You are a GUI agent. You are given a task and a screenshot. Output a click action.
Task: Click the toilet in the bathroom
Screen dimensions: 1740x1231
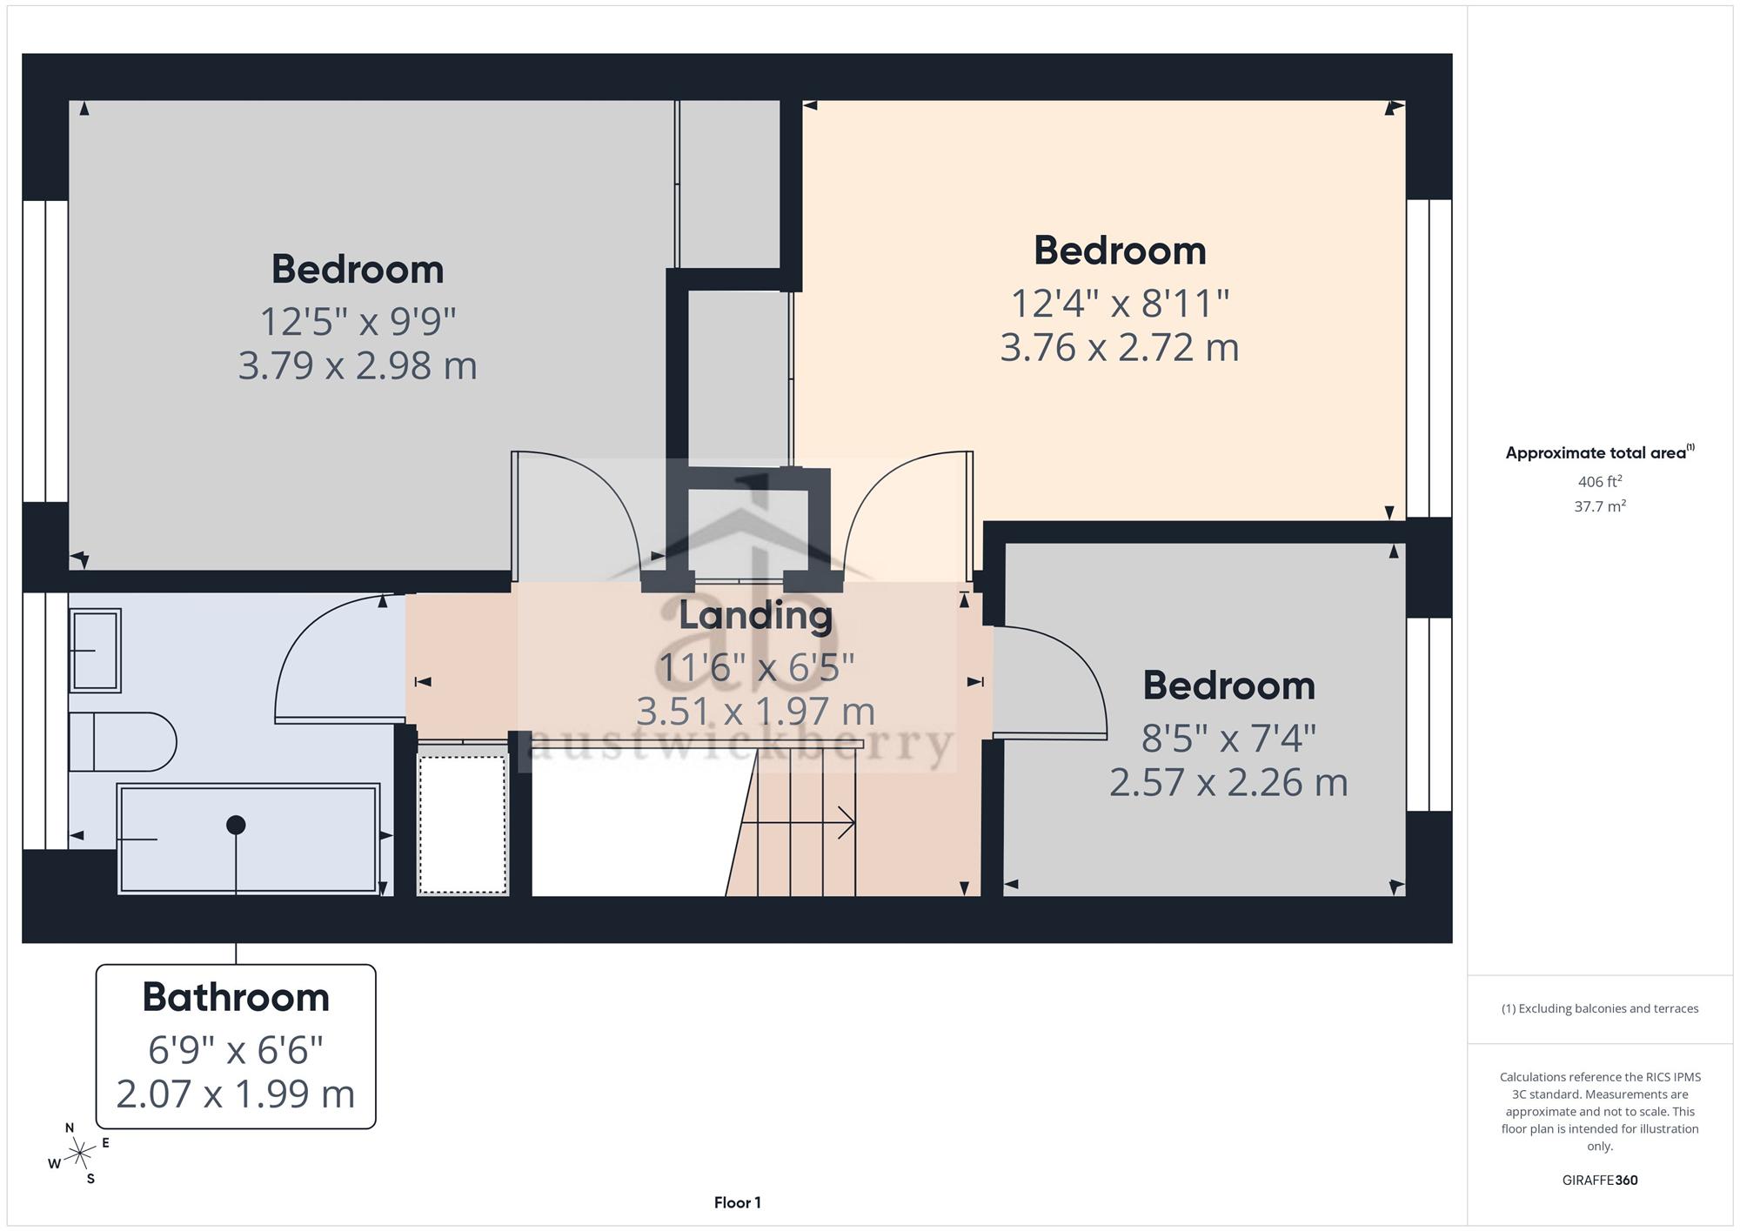pos(123,742)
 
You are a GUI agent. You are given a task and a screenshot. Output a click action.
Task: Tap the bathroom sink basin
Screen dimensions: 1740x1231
pos(95,651)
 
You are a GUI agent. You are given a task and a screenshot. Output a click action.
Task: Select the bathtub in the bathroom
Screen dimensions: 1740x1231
pos(249,839)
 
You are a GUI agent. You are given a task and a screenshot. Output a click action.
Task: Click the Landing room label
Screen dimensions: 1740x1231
pos(755,616)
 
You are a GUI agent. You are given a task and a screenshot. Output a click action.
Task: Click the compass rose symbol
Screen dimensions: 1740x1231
pos(80,1154)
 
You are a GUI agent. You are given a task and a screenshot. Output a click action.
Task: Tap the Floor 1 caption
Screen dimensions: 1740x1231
pos(738,1203)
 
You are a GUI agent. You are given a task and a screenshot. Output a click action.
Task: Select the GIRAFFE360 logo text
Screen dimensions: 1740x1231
pos(1600,1181)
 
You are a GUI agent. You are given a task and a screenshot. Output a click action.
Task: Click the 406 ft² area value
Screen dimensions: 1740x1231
pos(1600,481)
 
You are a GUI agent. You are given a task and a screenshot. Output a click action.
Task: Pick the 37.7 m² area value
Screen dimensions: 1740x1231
pos(1600,505)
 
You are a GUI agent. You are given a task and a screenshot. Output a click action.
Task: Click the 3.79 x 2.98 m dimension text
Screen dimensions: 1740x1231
pos(358,365)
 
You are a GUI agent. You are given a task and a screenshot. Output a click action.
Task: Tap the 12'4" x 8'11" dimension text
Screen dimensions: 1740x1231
pos(1120,304)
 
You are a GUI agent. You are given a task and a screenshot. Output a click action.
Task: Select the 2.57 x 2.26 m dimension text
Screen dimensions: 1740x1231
pos(1228,782)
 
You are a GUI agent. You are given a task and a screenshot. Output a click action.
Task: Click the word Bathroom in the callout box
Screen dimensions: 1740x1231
pos(236,997)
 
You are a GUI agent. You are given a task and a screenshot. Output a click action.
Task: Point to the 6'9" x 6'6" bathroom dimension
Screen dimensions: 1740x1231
pos(236,1050)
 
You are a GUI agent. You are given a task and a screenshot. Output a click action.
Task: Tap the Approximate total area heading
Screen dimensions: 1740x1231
pos(1600,452)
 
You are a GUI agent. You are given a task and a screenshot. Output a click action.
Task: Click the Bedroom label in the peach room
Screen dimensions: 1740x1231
pos(1120,251)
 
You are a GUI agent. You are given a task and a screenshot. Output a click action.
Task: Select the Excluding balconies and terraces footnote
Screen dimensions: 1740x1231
pos(1600,1009)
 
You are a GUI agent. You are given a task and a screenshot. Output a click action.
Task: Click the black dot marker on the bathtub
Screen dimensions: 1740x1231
pos(236,825)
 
